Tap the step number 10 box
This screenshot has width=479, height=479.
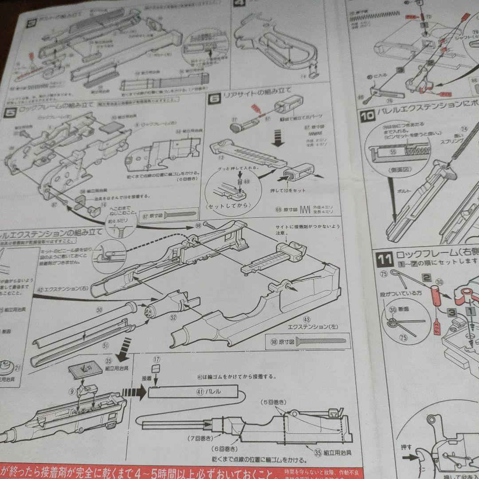pyautogui.click(x=368, y=116)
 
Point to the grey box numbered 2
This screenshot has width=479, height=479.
pyautogui.click(x=427, y=278)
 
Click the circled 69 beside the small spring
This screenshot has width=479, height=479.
pyautogui.click(x=247, y=182)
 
